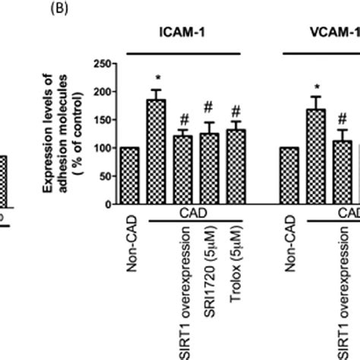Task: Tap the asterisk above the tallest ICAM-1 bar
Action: [x=156, y=79]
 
